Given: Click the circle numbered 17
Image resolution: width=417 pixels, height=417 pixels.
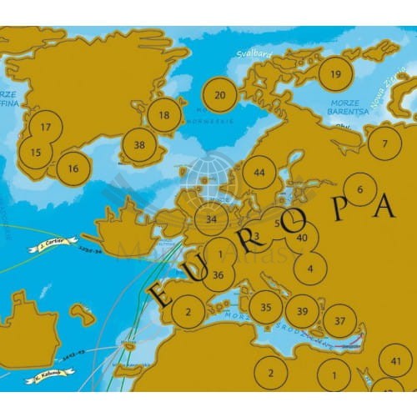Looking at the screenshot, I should click(x=46, y=127).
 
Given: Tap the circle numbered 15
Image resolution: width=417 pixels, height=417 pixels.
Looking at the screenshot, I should click(x=35, y=153).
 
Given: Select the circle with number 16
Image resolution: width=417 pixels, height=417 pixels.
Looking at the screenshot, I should click(x=73, y=168).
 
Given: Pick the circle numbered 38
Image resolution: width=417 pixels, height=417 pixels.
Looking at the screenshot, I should click(x=139, y=145).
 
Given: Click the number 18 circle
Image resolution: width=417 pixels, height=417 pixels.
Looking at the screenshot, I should click(x=164, y=115).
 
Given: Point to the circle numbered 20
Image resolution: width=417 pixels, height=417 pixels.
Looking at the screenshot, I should click(x=219, y=95).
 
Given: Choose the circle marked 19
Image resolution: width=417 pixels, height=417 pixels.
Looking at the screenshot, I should click(x=335, y=74).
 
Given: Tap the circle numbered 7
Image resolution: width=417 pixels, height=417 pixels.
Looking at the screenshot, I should click(x=384, y=143).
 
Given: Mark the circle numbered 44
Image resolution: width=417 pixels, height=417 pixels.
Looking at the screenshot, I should click(x=259, y=173).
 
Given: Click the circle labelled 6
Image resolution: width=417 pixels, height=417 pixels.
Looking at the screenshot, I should click(x=360, y=189).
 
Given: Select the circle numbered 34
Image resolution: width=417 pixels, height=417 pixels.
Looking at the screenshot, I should click(x=212, y=219).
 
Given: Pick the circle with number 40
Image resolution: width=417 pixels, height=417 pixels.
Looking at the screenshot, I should click(x=302, y=238).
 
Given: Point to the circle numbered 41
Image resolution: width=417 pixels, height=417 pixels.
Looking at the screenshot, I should click(x=395, y=361).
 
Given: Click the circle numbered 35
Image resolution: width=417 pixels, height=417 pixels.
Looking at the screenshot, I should click(x=265, y=307).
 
